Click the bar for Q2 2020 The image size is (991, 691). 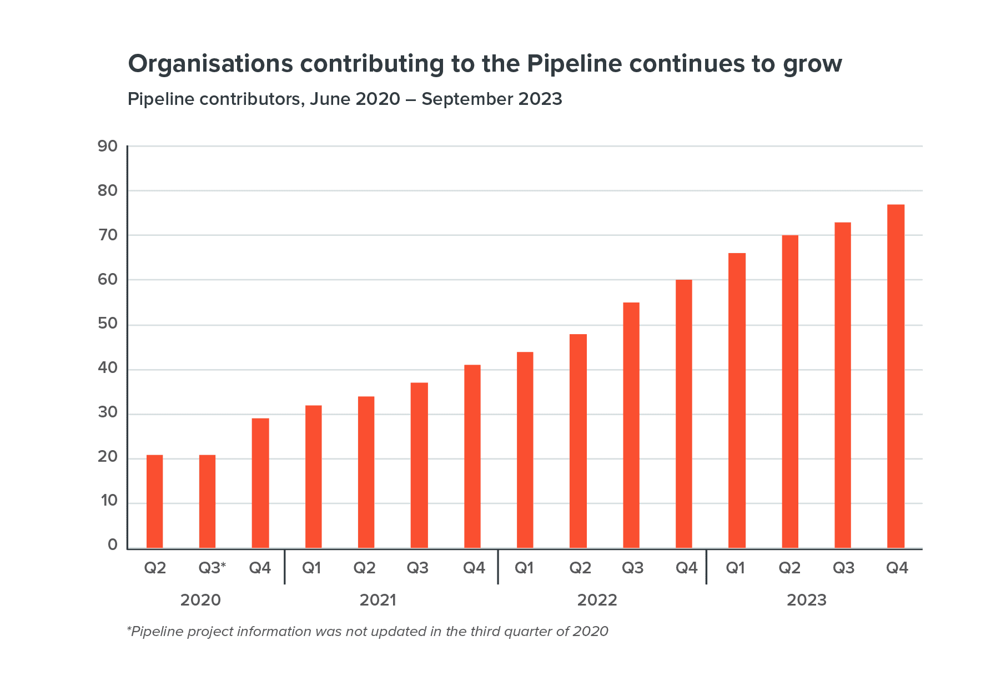tap(154, 502)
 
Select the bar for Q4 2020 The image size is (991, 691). tap(260, 483)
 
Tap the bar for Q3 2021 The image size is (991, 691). tap(419, 466)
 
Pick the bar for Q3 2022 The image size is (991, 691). tap(631, 425)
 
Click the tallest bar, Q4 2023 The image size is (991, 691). tap(896, 376)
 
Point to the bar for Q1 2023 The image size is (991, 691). tap(737, 401)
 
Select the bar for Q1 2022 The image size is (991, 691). tap(525, 450)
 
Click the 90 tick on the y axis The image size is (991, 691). tap(108, 146)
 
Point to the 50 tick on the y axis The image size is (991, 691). tap(108, 324)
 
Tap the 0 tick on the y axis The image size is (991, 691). tap(113, 544)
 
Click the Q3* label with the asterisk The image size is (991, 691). tap(212, 568)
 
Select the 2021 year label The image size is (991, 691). tap(378, 600)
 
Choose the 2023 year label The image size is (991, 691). tap(806, 600)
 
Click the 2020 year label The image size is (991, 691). tap(200, 600)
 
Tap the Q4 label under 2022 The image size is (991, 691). tap(686, 568)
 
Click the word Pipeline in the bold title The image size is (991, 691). tap(574, 64)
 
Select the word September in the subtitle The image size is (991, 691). tap(467, 99)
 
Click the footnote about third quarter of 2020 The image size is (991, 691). tap(368, 631)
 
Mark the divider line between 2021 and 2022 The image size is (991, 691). tap(498, 567)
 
